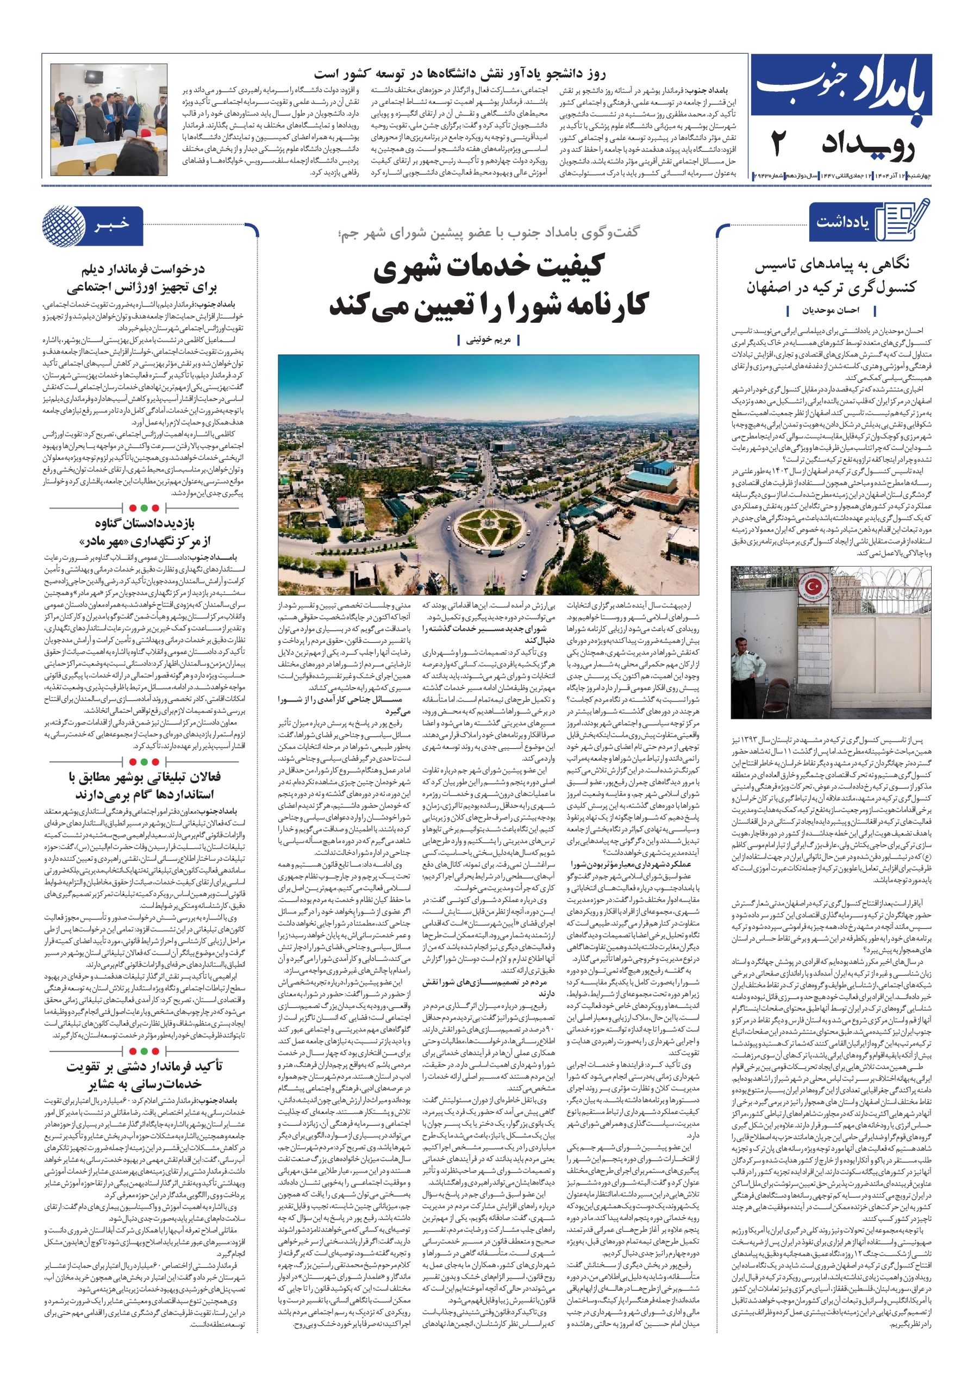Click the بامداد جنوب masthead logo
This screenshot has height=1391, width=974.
pos(841,90)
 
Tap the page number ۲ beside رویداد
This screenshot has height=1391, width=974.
pos(779,144)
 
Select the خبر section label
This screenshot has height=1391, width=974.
pos(112,225)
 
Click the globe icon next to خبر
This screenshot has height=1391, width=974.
pos(64,225)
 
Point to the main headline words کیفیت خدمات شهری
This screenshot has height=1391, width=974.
pos(489,267)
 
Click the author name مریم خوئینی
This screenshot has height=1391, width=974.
pos(488,340)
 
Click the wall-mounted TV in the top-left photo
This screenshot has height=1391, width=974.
pos(95,77)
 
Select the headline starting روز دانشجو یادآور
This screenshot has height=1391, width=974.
pos(459,74)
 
